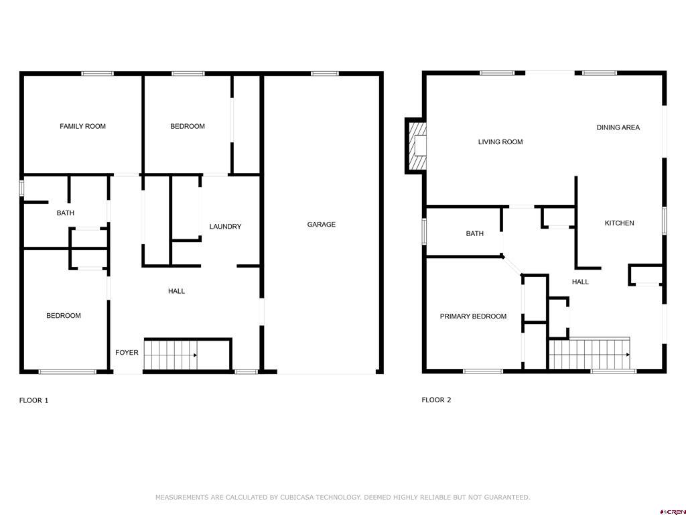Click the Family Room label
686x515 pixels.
point(82,126)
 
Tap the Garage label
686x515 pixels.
point(321,224)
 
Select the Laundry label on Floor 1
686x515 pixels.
point(225,227)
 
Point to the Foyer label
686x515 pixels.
point(127,353)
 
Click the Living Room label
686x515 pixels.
point(500,142)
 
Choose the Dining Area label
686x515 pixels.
point(618,127)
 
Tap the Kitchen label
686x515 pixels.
point(619,223)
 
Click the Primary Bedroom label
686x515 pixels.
point(473,317)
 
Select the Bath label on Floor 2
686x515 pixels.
point(475,234)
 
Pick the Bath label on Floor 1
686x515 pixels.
point(65,213)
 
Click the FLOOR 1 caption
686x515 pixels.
point(33,400)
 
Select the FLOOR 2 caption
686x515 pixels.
point(436,400)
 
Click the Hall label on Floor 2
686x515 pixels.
point(580,282)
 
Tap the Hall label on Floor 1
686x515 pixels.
point(176,291)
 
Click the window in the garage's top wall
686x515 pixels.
point(325,74)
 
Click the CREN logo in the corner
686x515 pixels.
point(674,512)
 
